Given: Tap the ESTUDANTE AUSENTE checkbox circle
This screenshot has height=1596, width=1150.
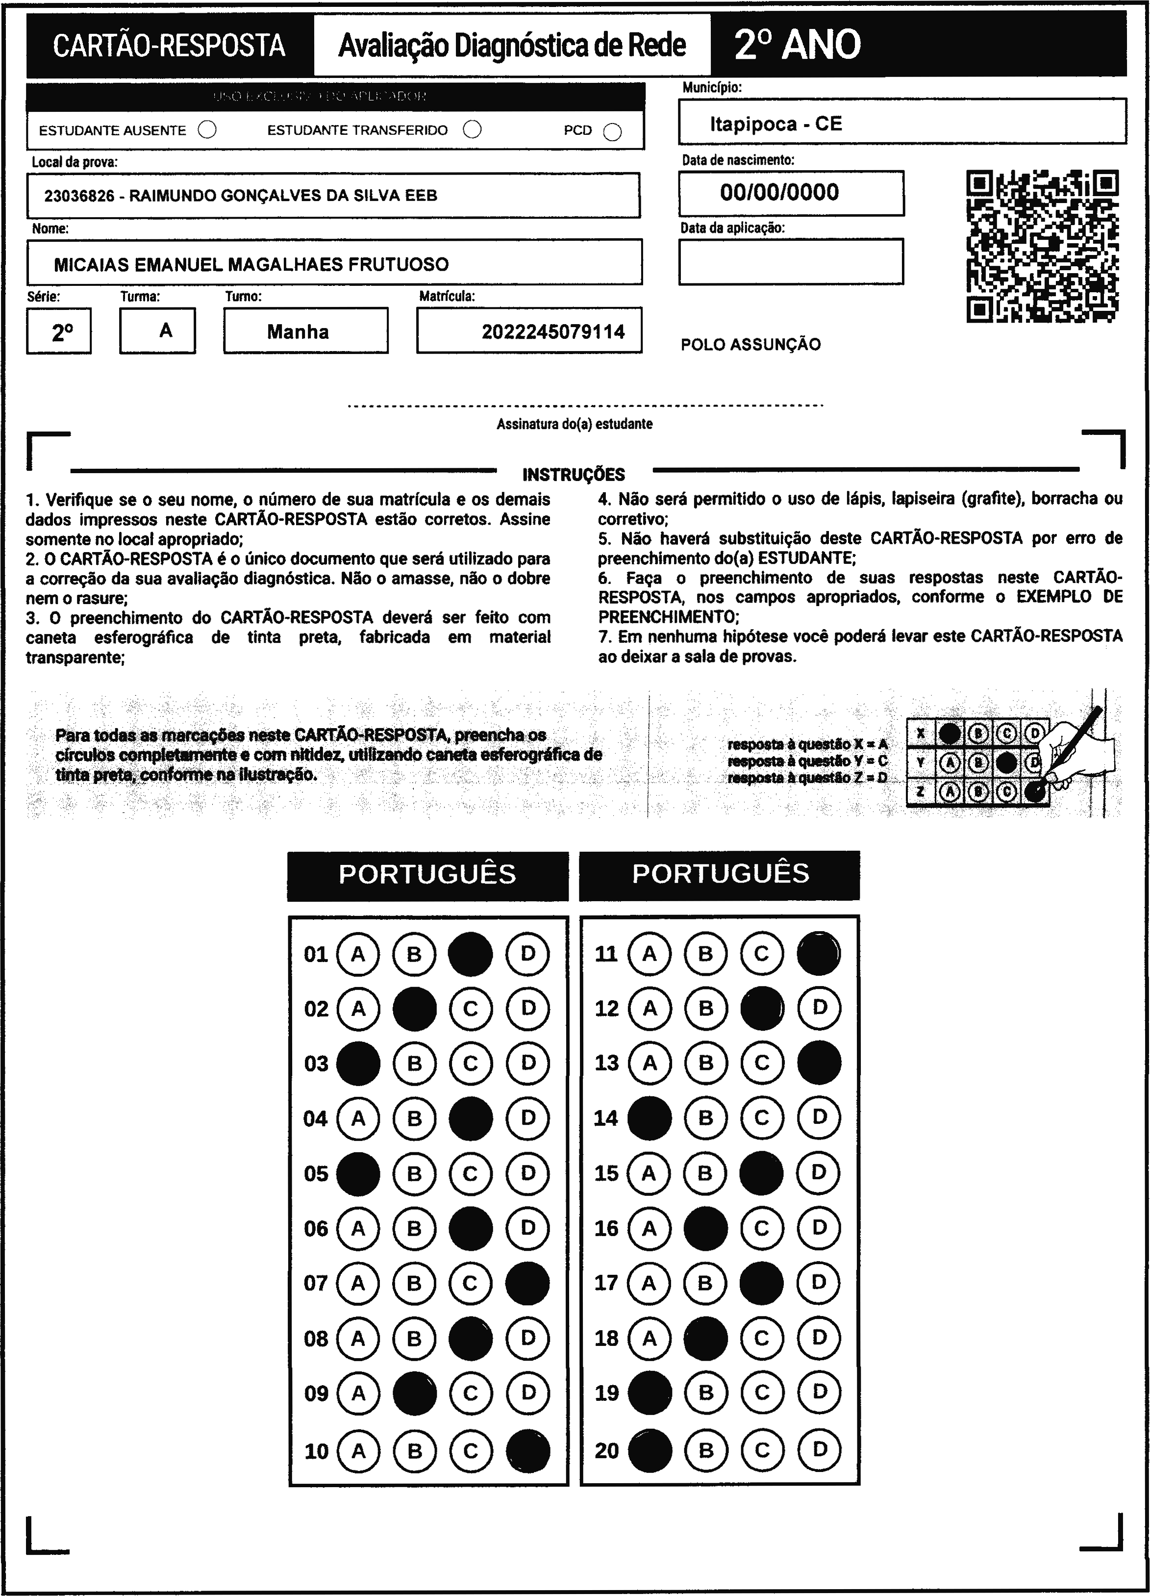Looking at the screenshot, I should point(207,130).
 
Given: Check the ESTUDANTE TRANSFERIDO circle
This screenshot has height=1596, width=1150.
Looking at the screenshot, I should point(473,129).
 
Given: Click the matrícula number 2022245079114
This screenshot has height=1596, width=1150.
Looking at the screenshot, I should point(553,332).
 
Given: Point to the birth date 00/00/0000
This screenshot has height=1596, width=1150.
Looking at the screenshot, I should point(779,193).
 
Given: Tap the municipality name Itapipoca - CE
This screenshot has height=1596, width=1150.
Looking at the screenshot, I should point(775,124).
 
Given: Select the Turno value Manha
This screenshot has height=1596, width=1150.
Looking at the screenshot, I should point(298,332).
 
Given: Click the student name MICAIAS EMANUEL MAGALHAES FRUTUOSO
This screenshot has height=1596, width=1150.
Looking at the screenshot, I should point(251,265).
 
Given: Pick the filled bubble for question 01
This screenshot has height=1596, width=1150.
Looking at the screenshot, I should point(471,954).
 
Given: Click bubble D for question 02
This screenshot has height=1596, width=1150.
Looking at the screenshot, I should point(527,1009).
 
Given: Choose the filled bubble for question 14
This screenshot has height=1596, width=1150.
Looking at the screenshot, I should point(649,1118).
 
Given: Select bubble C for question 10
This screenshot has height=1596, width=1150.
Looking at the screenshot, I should point(471,1450).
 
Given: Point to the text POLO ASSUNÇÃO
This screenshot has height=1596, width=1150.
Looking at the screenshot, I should point(750,345).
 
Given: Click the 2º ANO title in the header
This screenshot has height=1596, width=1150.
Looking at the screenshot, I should point(797,45).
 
